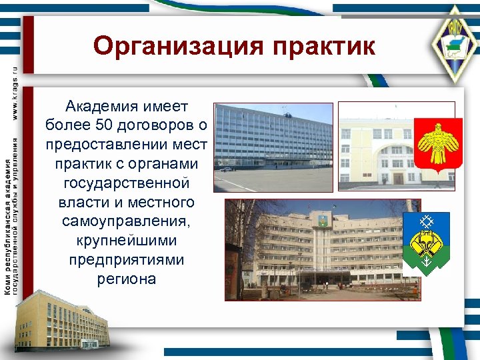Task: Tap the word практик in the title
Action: [321, 47]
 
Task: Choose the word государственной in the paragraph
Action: [127, 183]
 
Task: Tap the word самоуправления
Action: [127, 221]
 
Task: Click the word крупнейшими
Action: [127, 241]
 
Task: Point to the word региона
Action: [127, 279]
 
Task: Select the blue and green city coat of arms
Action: [426, 244]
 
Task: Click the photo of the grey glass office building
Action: [273, 147]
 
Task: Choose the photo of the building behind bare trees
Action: [313, 250]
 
